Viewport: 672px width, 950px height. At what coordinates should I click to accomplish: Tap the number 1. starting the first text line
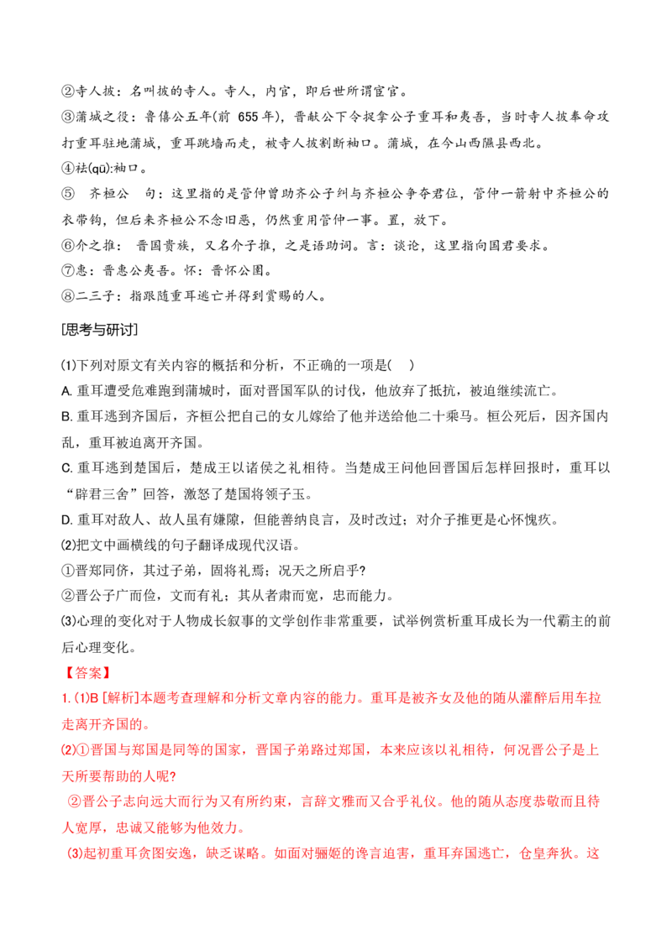pos(66,697)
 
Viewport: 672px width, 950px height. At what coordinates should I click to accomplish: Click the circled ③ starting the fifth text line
pos(73,802)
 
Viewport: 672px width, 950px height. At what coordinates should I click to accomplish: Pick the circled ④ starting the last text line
pos(73,854)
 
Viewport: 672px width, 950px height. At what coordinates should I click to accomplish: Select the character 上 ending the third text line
pos(596,750)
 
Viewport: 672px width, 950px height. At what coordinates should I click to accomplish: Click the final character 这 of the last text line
pos(596,854)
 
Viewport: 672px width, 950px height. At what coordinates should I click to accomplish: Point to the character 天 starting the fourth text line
pos(66,776)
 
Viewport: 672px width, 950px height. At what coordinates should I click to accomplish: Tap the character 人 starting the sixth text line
pos(66,828)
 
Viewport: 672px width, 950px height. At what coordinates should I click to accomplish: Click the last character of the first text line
pos(598,697)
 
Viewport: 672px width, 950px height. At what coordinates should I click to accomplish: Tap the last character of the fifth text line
pos(596,802)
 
